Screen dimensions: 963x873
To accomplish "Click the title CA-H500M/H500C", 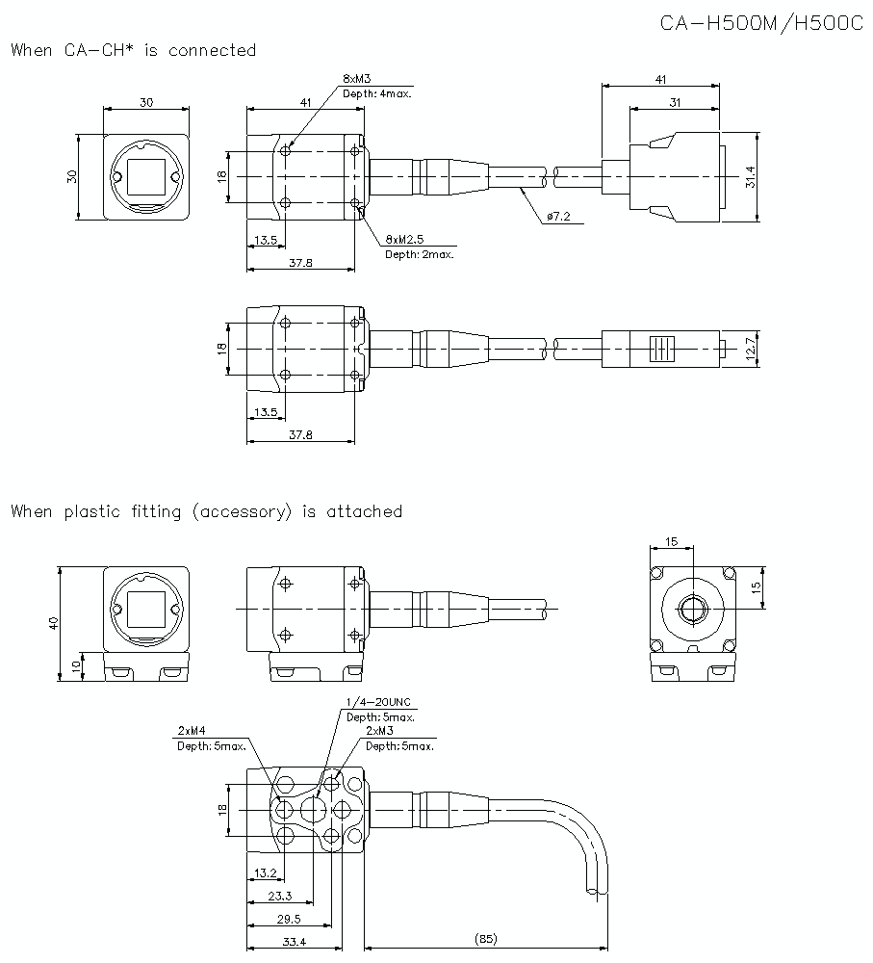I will point(761,22).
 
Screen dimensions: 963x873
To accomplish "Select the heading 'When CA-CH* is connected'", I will point(134,50).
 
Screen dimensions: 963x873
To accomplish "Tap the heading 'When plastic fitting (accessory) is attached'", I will point(206,511).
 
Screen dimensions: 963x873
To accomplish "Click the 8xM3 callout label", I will point(356,78).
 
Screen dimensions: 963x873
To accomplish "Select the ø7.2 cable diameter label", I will point(557,218).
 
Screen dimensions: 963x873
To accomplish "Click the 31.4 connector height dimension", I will point(751,176).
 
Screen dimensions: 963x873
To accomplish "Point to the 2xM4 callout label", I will point(193,730).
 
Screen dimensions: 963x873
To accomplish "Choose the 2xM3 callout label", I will point(380,731).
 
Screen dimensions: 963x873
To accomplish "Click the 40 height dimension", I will point(53,624).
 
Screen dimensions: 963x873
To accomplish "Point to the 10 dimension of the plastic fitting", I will point(76,666).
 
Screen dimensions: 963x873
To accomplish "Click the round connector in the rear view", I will point(692,609).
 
